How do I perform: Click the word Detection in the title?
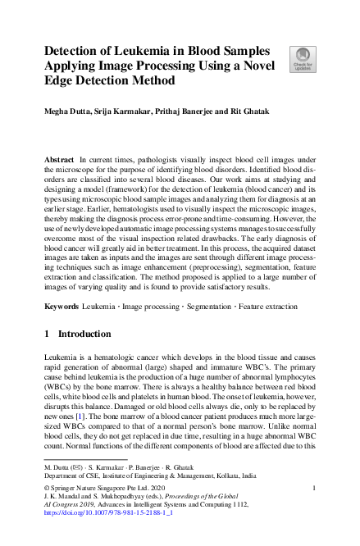pyautogui.click(x=78, y=49)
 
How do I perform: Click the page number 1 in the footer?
pyautogui.click(x=314, y=489)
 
